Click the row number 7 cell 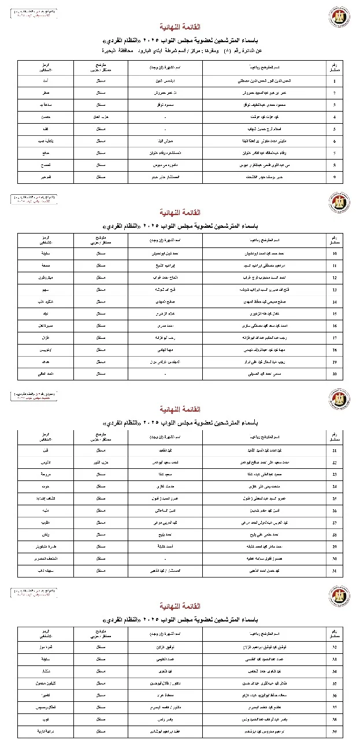[334, 153]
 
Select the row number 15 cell [334, 313]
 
